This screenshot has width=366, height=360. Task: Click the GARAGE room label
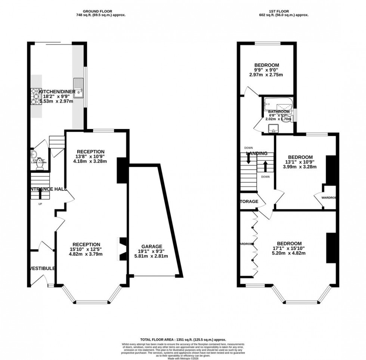point(153,246)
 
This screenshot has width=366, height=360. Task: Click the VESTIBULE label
point(42,268)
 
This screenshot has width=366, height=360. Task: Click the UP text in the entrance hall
point(40,204)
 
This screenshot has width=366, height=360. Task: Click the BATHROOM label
point(279,112)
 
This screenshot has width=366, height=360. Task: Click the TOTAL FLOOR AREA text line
point(183,339)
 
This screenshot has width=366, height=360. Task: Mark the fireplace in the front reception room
point(121,249)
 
